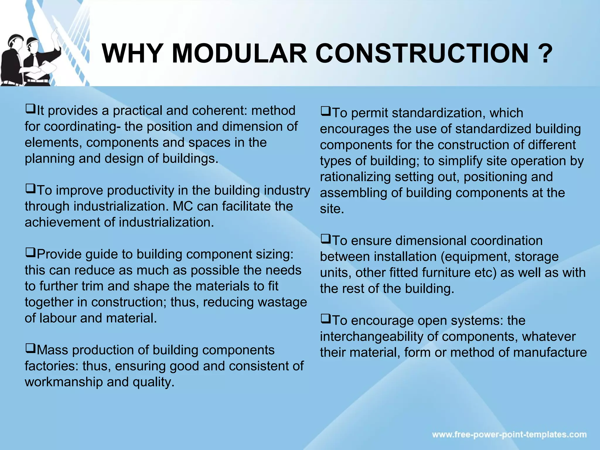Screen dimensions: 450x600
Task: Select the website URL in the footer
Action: pyautogui.click(x=509, y=434)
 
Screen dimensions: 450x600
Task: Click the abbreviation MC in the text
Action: pyautogui.click(x=183, y=206)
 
